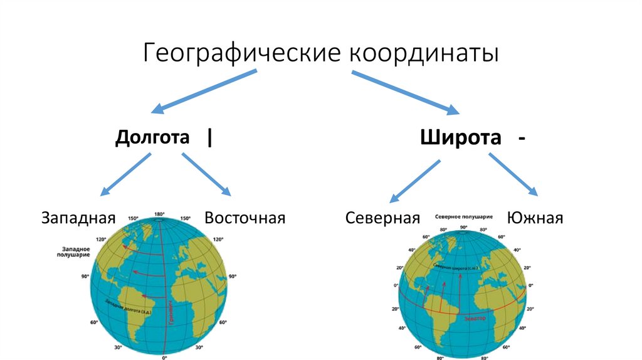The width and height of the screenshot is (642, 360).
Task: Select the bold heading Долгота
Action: pyautogui.click(x=152, y=137)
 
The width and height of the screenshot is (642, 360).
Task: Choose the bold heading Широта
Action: pyautogui.click(x=461, y=137)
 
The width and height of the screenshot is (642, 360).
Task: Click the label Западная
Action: pyautogui.click(x=79, y=218)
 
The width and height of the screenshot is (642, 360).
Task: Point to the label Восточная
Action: pyautogui.click(x=245, y=218)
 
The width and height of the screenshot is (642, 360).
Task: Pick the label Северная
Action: pyautogui.click(x=382, y=218)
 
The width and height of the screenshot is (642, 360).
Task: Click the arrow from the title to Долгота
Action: pyautogui.click(x=204, y=92)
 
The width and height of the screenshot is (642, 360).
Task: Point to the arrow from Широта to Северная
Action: pyautogui.click(x=414, y=181)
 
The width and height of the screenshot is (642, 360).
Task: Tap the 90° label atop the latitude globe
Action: pyautogui.click(x=464, y=228)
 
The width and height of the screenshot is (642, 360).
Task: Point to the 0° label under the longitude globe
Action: pyautogui.click(x=165, y=357)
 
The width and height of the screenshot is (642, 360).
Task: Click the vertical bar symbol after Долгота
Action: pyautogui.click(x=208, y=137)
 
